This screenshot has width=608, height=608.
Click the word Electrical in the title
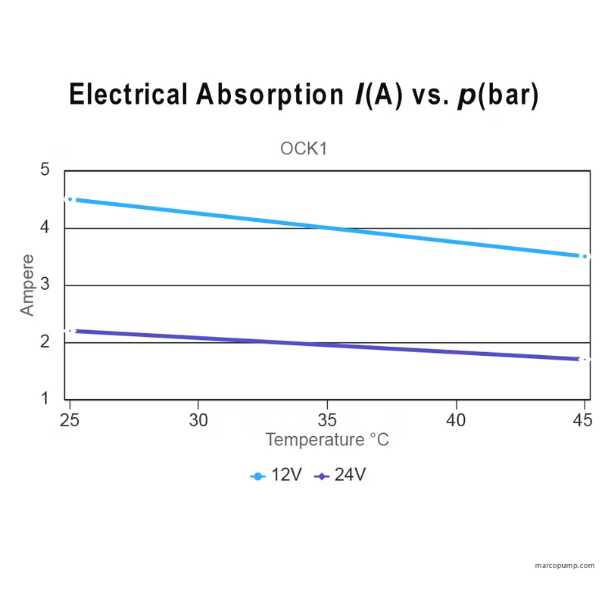click(x=127, y=95)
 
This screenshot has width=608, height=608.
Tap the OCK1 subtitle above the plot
click(x=303, y=148)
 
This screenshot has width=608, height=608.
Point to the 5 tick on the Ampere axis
click(x=45, y=170)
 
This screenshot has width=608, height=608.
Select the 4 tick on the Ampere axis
click(x=45, y=227)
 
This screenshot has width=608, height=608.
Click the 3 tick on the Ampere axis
click(x=45, y=285)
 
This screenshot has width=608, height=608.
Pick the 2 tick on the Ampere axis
click(x=45, y=341)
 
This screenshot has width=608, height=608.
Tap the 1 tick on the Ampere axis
click(x=45, y=398)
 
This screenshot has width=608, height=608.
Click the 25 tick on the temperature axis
click(x=70, y=419)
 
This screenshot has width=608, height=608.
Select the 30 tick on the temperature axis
click(x=198, y=419)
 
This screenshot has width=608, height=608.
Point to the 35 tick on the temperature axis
click(x=327, y=419)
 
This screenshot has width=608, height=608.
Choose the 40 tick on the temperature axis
click(x=456, y=419)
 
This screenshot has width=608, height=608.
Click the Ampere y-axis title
click(x=27, y=285)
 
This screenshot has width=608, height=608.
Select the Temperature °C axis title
click(x=327, y=440)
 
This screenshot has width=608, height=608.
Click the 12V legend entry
click(x=277, y=475)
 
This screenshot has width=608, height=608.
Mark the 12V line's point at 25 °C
click(x=70, y=199)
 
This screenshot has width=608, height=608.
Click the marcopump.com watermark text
click(x=564, y=566)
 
